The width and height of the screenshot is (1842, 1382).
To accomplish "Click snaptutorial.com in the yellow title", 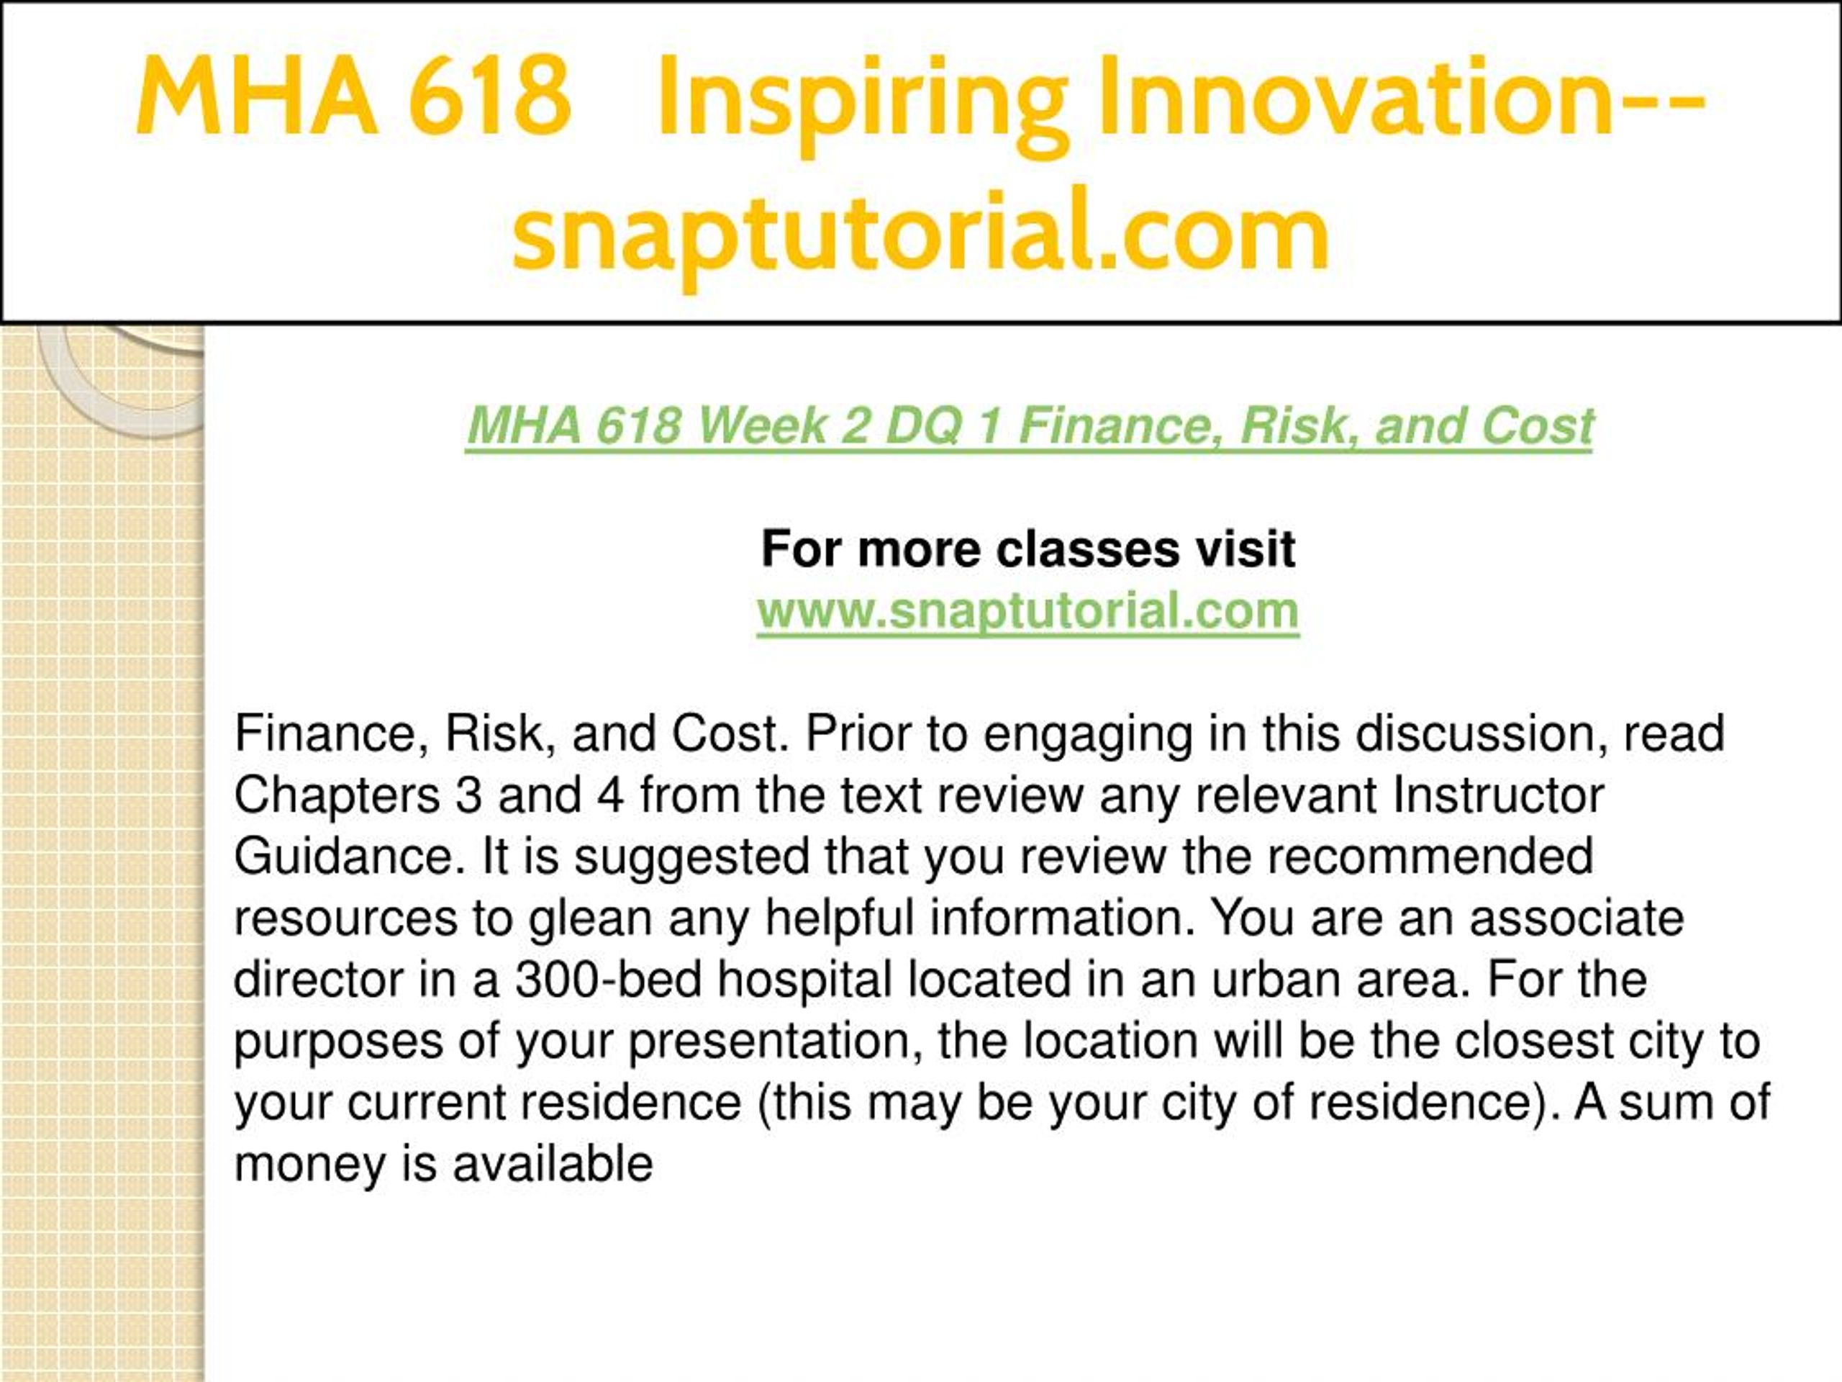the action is (920, 231).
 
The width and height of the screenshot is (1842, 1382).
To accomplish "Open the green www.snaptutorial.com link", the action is (1027, 610).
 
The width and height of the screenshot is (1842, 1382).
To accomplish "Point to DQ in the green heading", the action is (922, 427).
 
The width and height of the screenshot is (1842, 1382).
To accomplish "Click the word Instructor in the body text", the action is (1498, 795).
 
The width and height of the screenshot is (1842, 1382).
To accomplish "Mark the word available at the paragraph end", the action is (553, 1163).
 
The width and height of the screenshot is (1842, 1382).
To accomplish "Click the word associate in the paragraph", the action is (1576, 918).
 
